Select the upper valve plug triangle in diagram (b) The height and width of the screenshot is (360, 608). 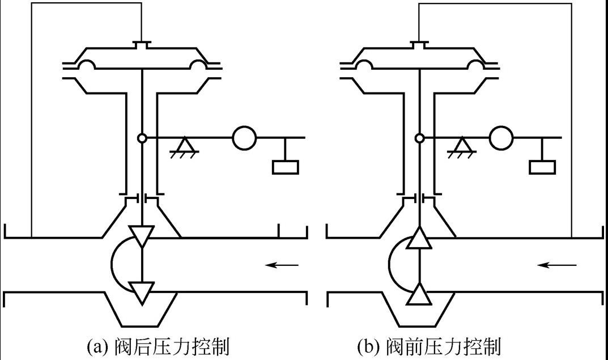pos(419,237)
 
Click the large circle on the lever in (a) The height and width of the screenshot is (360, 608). pos(244,138)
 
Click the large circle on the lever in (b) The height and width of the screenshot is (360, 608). pos(501,138)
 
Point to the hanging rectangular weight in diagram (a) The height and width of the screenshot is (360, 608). pos(286,168)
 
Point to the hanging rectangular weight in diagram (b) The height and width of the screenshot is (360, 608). pos(542,168)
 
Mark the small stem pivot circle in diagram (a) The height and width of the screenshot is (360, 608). pos(142,138)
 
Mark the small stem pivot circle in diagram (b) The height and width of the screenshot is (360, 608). pos(419,138)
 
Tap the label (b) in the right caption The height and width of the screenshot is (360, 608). pos(369,346)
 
